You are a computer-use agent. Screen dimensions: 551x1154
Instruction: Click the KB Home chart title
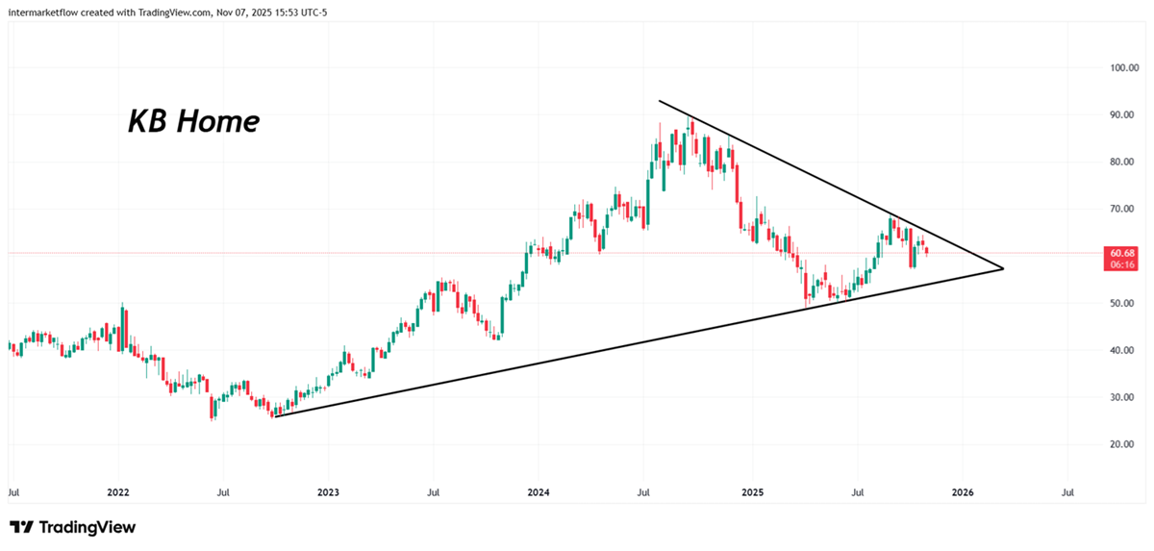pos(193,122)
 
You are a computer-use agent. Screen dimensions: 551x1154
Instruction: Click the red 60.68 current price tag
pos(1121,253)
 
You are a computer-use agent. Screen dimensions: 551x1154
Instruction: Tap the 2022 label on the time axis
pos(118,492)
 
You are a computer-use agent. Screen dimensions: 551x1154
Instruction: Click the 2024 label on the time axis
pos(539,492)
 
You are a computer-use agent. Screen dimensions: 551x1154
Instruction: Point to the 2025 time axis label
pos(752,492)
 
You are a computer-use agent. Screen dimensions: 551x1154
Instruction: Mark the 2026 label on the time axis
pos(963,492)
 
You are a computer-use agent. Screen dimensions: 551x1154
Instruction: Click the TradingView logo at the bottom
pos(73,527)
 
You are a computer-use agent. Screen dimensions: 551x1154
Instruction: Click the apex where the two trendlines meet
pos(1003,268)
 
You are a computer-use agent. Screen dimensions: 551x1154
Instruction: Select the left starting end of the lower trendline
pos(274,416)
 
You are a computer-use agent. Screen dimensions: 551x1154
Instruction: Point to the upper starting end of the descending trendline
pos(659,100)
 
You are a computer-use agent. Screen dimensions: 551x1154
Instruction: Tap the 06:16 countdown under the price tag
pos(1121,264)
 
